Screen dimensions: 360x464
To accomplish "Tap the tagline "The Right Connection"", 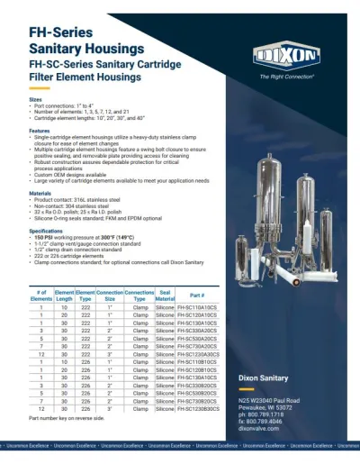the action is tap(286, 77).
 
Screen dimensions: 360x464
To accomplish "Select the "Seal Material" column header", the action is tap(165, 296).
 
